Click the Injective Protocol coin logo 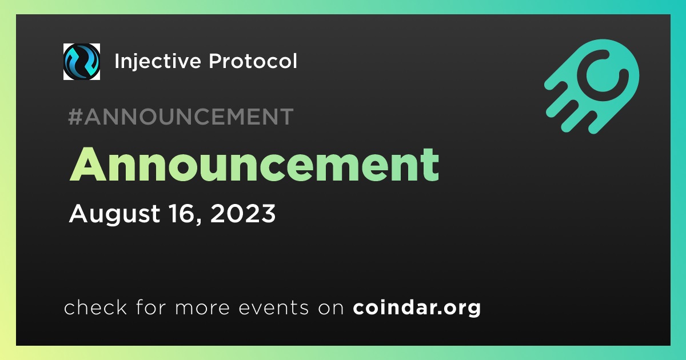pos(81,62)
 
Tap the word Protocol pos(253,61)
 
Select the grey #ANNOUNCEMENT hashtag pos(181,117)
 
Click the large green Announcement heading pos(254,165)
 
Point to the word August pos(114,214)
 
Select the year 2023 pos(243,213)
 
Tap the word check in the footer pos(95,307)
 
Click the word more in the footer pos(202,307)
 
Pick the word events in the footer pos(273,307)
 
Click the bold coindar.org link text pos(417,307)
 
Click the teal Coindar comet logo pos(592,86)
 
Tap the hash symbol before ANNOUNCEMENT pos(75,117)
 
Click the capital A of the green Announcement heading pos(88,165)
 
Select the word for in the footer pos(151,307)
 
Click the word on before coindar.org pos(331,308)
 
